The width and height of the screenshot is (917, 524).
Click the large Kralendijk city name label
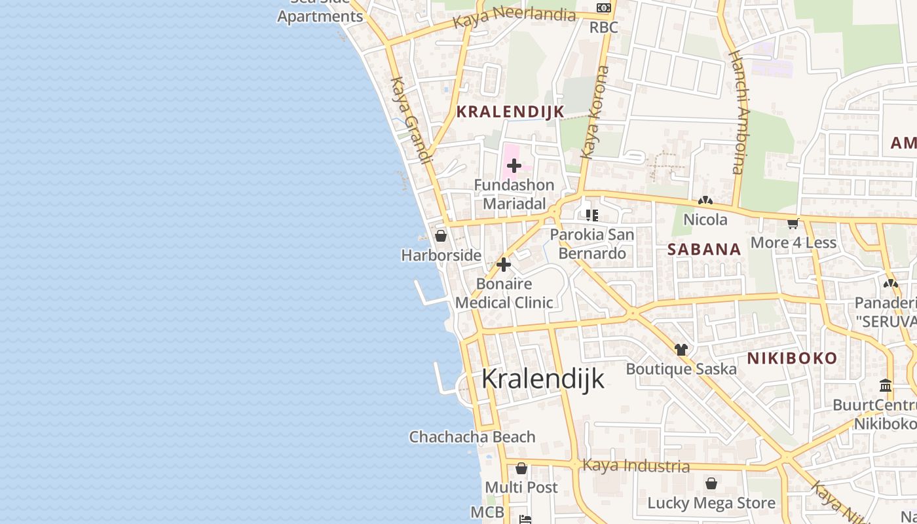tap(543, 379)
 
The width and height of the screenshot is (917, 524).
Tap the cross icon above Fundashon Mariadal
tap(514, 166)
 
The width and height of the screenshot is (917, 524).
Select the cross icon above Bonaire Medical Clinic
tap(504, 265)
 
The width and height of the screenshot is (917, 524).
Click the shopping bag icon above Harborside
tap(441, 236)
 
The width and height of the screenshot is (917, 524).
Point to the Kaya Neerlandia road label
tap(514, 17)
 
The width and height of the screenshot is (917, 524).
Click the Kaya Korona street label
tap(594, 112)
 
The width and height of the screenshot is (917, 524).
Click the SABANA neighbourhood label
tap(704, 249)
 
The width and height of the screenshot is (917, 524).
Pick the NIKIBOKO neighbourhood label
tap(792, 358)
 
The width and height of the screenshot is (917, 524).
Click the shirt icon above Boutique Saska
tap(681, 350)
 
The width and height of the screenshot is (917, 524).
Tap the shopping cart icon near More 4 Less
tap(793, 224)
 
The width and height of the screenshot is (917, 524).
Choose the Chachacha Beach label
tap(472, 437)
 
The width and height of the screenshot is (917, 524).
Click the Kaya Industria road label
tap(635, 466)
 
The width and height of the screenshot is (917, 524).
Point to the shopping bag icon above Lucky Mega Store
tap(711, 484)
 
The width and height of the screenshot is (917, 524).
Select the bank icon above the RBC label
tap(603, 8)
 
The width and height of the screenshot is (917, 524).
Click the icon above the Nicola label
tap(705, 201)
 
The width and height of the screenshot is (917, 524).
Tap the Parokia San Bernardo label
tap(592, 244)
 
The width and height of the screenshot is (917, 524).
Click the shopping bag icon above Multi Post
tap(521, 468)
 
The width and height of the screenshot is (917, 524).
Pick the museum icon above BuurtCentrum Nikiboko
tap(886, 385)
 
